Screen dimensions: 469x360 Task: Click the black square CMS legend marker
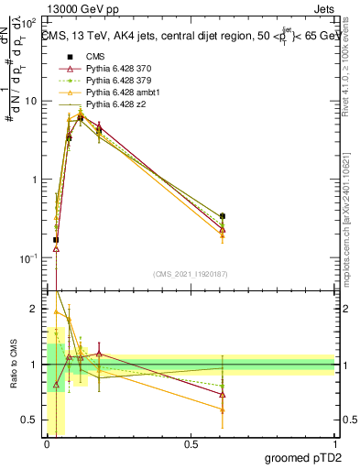tap(67, 56)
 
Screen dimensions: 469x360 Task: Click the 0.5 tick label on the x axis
tap(191, 444)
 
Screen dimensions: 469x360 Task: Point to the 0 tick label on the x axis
tap(47, 444)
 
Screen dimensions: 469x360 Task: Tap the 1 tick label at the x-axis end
tap(334, 444)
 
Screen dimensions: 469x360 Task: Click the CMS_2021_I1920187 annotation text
tap(191, 274)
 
